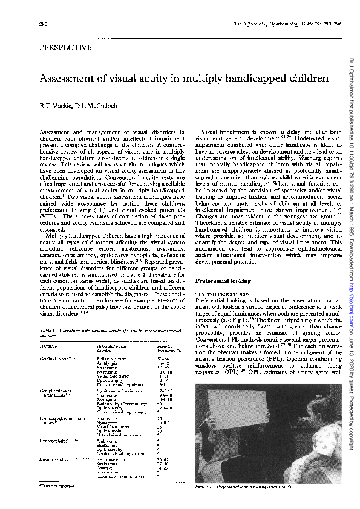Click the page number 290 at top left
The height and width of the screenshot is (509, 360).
[x=43, y=24]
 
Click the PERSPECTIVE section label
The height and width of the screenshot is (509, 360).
[x=65, y=47]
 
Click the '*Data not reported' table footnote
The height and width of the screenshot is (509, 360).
[x=55, y=485]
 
